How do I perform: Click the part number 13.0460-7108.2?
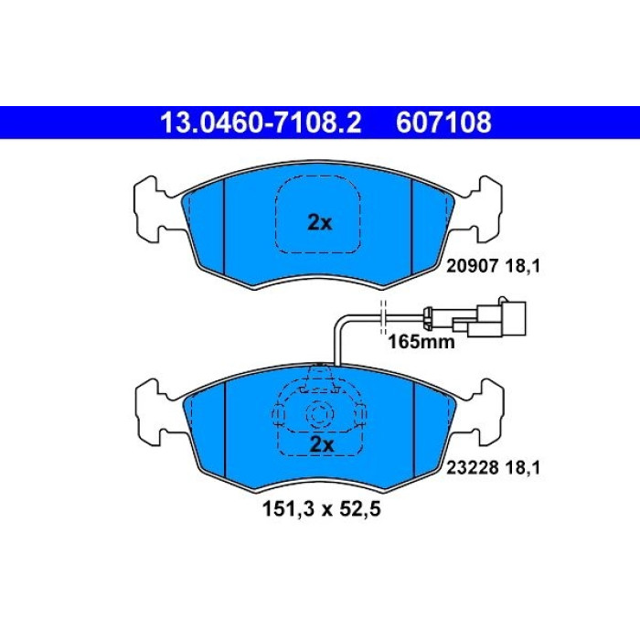[x=261, y=123]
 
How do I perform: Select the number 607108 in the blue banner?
[x=443, y=123]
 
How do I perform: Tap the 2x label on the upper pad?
[x=320, y=223]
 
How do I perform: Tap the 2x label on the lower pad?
[x=322, y=444]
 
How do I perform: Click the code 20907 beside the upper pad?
[x=473, y=267]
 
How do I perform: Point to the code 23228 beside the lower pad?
[x=473, y=468]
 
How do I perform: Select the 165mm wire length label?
[x=421, y=342]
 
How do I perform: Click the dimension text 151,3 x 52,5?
[x=321, y=509]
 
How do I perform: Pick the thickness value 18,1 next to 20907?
[x=523, y=267]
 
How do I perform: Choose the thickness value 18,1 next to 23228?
[x=523, y=468]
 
